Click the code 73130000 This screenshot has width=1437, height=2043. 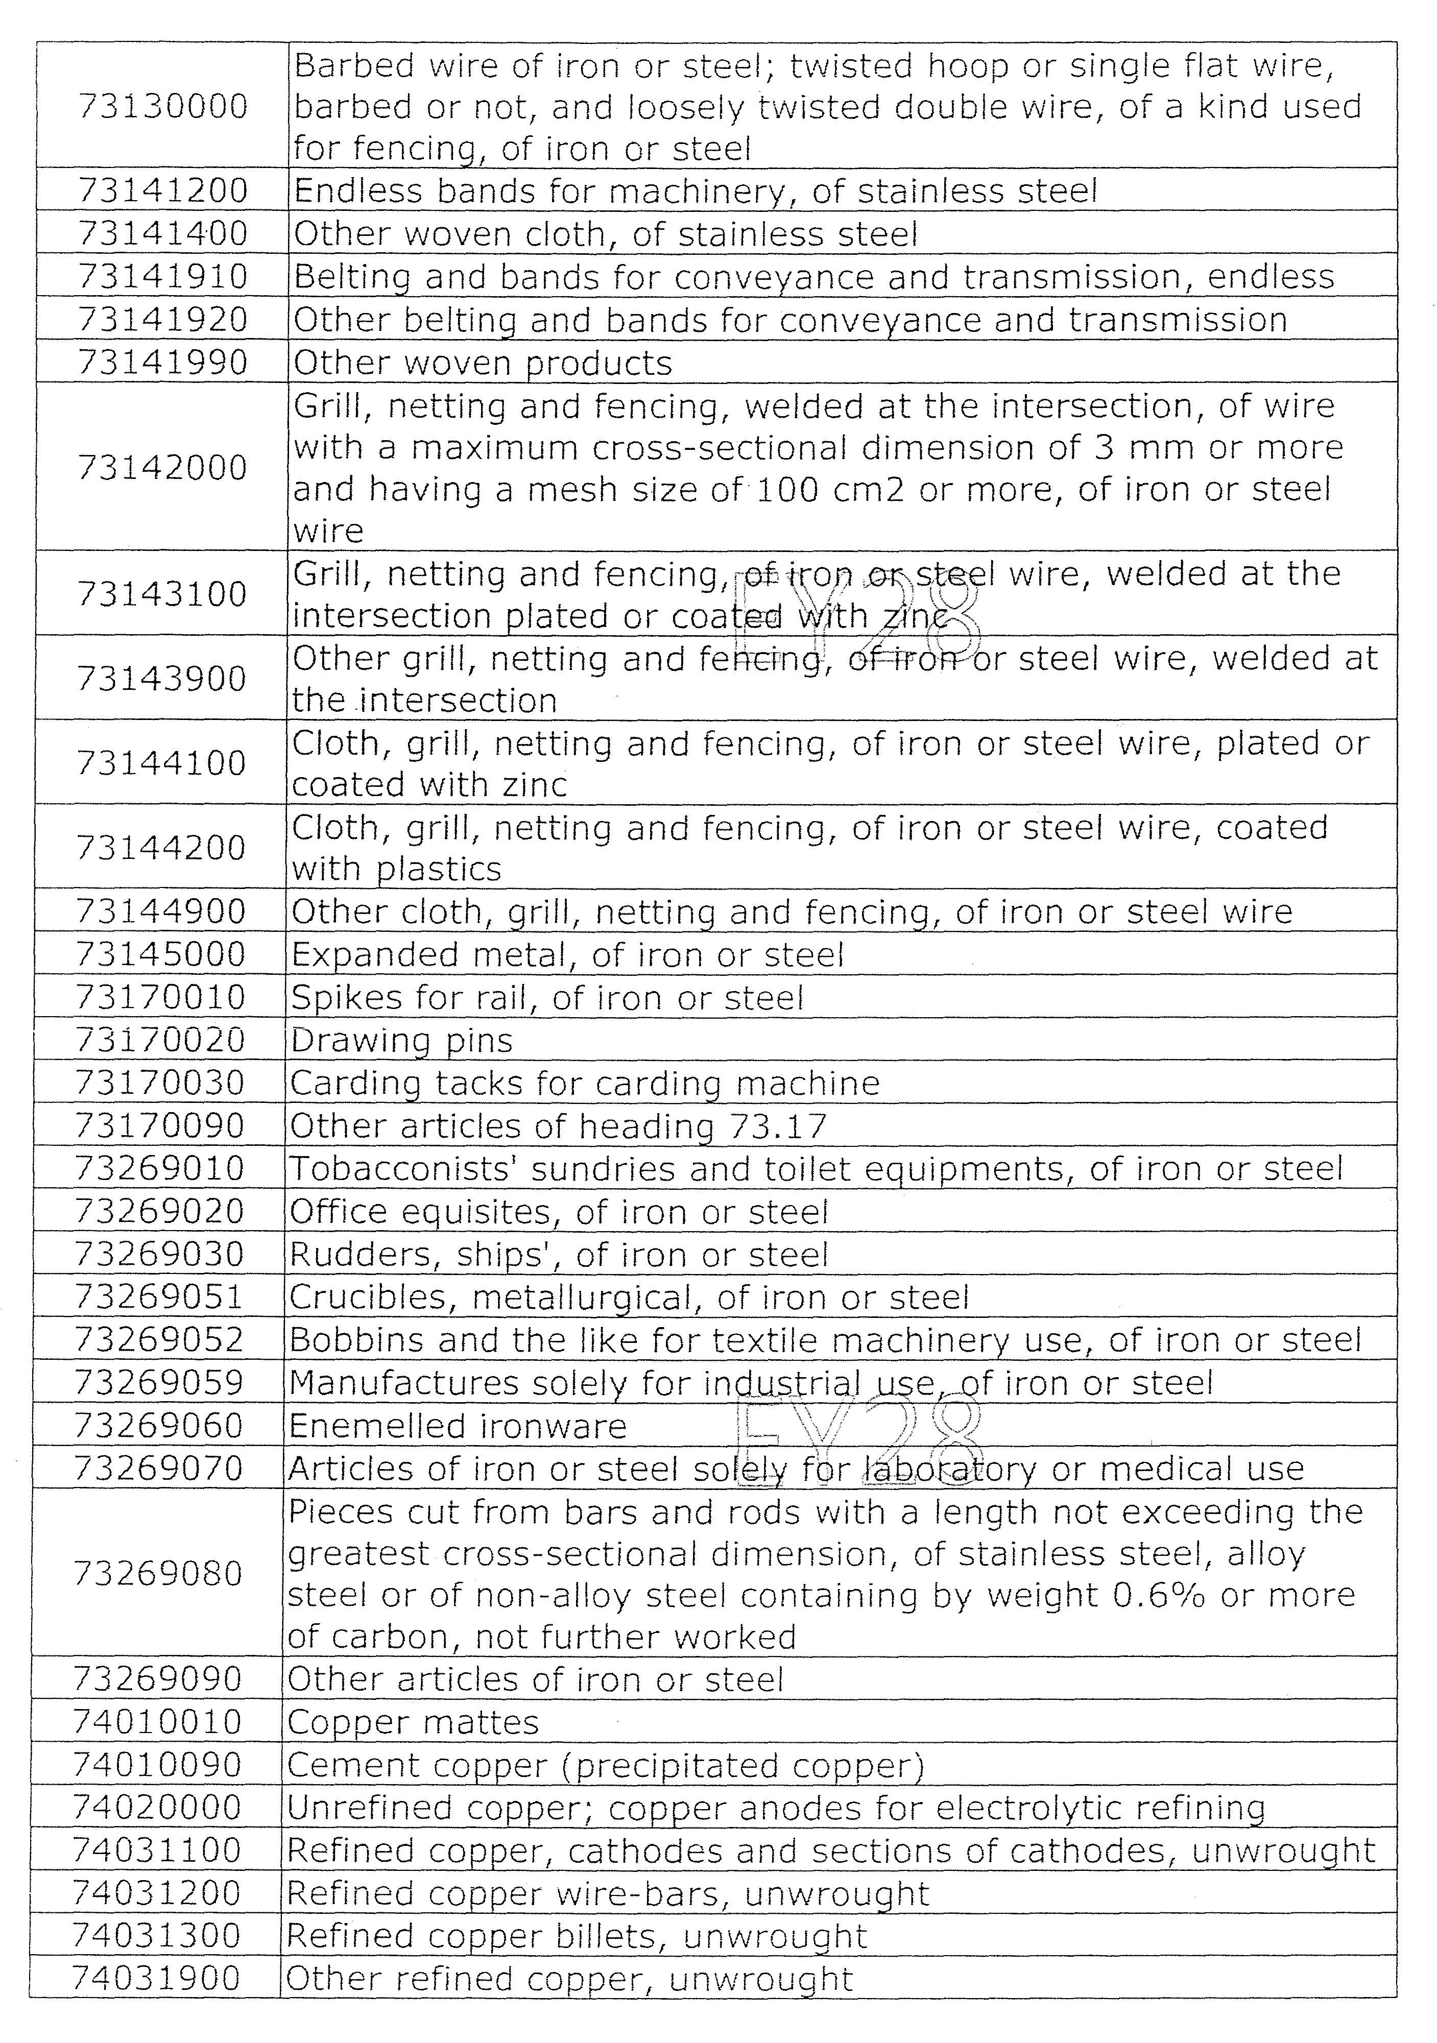pos(163,107)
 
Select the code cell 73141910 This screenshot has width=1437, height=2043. pos(163,277)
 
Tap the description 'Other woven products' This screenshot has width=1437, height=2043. pos(482,363)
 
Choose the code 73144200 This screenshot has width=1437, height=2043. pos(161,847)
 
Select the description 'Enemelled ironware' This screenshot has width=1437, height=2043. pos(458,1426)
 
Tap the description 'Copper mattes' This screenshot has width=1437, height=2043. pos(413,1723)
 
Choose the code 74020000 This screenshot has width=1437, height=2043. pos(157,1808)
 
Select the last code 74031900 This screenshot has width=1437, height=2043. pos(157,1979)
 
